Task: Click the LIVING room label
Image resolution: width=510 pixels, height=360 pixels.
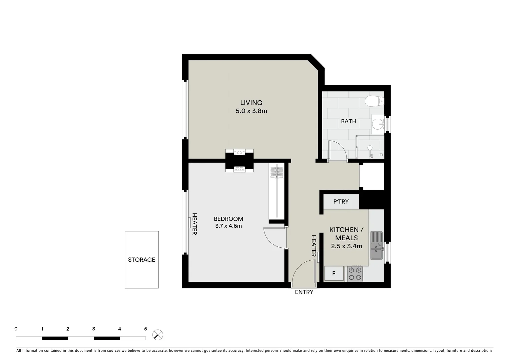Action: [x=251, y=103]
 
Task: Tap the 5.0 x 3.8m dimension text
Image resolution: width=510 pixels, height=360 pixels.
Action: [x=251, y=111]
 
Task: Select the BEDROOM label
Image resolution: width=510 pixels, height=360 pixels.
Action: [x=228, y=219]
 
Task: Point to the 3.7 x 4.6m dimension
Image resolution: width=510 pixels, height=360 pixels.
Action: [x=228, y=226]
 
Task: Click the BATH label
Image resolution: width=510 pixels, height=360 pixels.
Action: [x=348, y=121]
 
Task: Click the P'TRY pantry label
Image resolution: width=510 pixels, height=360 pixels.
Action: [x=341, y=202]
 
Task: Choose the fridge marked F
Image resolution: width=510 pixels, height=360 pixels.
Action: [x=334, y=274]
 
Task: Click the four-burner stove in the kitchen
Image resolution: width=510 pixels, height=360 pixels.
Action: [x=355, y=274]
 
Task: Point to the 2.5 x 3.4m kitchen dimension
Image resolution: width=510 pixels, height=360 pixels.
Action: [x=347, y=246]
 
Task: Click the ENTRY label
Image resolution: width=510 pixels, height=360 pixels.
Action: [x=304, y=292]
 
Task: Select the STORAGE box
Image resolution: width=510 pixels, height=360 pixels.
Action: [x=141, y=260]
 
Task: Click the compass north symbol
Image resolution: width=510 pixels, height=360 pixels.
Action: [x=158, y=335]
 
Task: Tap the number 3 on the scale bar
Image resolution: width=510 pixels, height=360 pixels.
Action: [x=94, y=329]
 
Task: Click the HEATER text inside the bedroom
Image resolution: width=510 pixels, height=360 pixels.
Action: [x=194, y=224]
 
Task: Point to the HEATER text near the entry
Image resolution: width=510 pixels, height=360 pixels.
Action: [x=314, y=246]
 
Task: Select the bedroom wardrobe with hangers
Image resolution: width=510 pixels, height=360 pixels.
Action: [x=277, y=193]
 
